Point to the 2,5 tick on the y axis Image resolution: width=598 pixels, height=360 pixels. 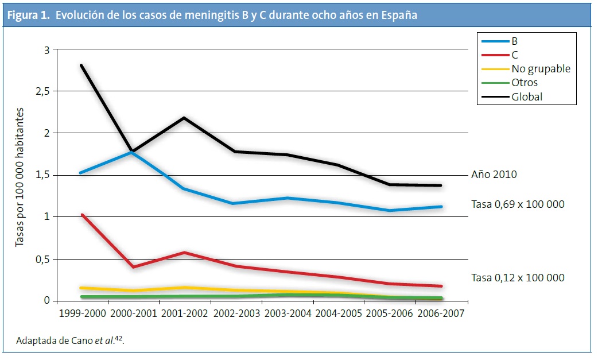click(x=43, y=91)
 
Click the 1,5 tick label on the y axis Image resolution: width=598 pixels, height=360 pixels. click(x=43, y=175)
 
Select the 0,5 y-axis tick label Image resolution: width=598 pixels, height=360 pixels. click(x=43, y=259)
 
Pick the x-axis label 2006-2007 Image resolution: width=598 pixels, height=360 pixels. click(x=440, y=314)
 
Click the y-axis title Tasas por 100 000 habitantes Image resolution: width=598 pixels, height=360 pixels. click(x=21, y=176)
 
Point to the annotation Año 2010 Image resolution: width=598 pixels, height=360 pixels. click(x=494, y=174)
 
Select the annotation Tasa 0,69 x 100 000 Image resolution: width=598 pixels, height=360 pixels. click(x=518, y=204)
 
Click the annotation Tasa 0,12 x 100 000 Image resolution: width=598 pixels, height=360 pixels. click(x=518, y=277)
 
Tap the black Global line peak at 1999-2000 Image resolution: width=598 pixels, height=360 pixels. click(x=81, y=65)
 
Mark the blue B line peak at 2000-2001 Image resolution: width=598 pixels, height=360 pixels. click(x=133, y=152)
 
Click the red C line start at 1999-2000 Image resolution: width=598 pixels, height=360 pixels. click(x=81, y=215)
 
